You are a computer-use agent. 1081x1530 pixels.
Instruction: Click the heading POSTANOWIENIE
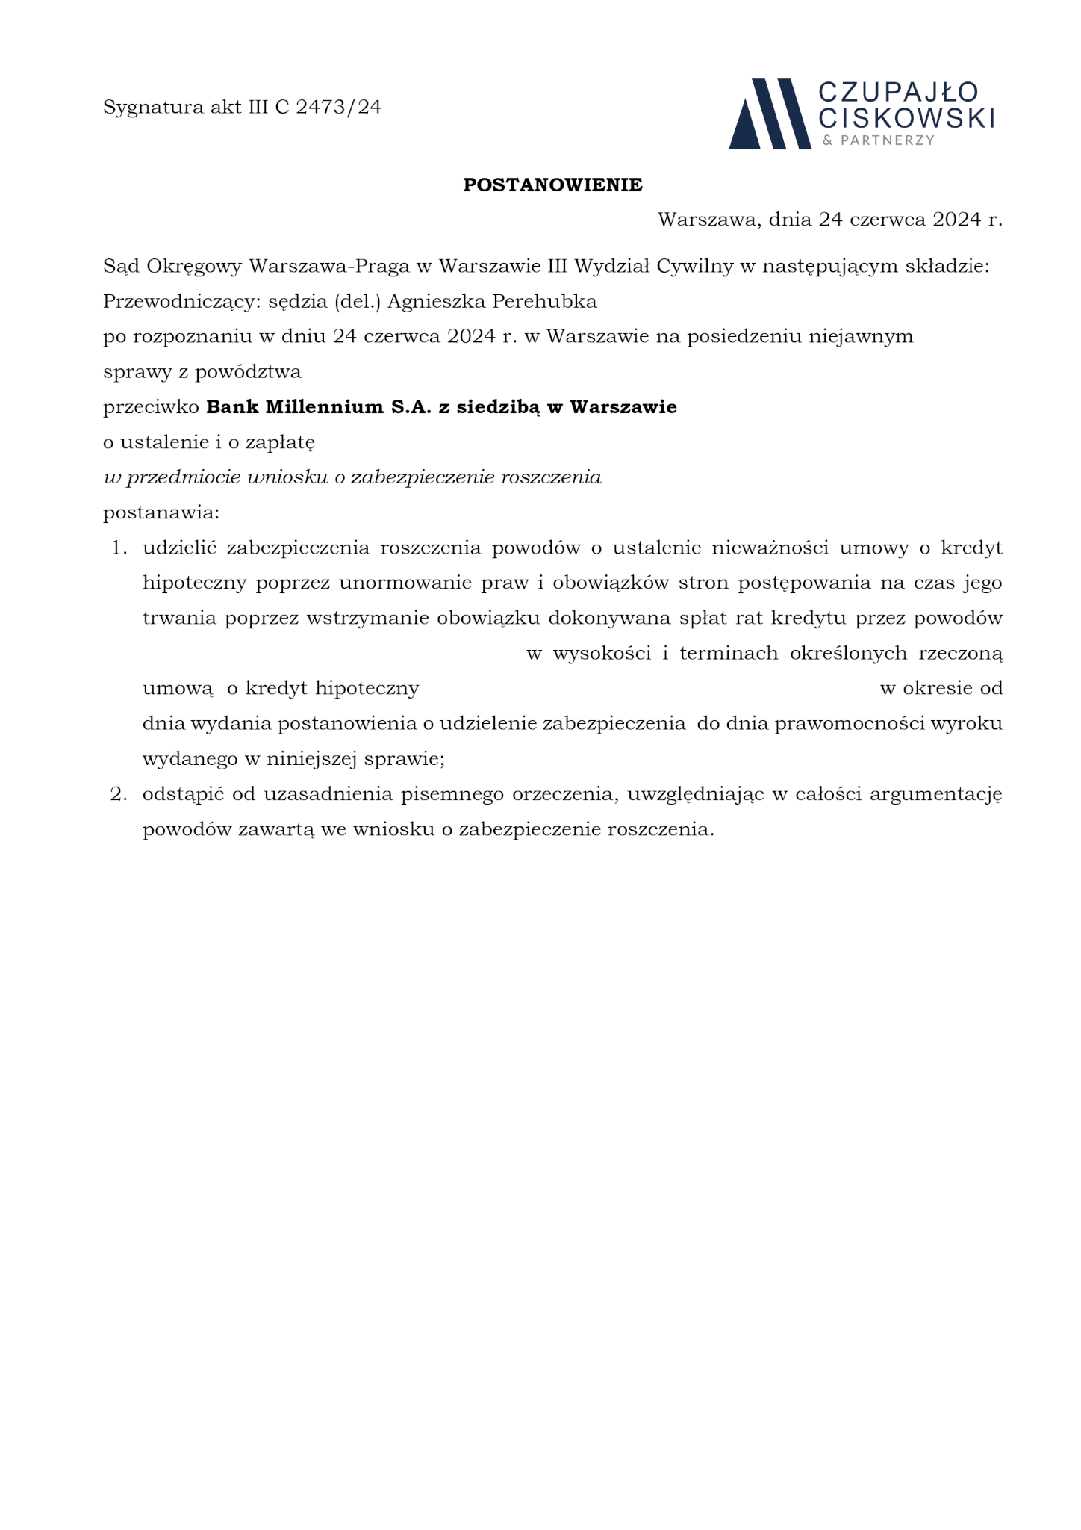[x=552, y=185]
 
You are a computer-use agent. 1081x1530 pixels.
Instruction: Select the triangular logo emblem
[x=769, y=114]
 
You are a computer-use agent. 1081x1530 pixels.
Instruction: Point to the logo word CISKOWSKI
[x=906, y=117]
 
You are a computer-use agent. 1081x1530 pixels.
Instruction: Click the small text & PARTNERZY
[x=878, y=140]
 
